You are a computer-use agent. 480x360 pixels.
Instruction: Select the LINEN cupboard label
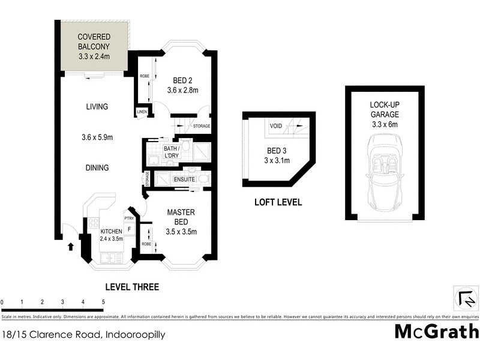142,112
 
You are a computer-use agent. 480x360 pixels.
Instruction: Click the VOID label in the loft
275,126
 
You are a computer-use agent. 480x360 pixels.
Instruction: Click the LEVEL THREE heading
132,287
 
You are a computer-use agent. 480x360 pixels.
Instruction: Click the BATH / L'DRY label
172,151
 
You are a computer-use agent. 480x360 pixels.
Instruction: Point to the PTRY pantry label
128,218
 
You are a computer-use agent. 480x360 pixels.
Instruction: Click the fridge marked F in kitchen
129,229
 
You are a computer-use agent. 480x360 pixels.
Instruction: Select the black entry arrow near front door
71,246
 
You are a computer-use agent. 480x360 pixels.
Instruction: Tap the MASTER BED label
182,217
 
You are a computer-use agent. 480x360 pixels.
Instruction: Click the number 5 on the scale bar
104,302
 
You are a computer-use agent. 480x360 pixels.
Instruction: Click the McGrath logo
436,331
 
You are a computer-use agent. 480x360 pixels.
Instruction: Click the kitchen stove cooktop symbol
93,223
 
